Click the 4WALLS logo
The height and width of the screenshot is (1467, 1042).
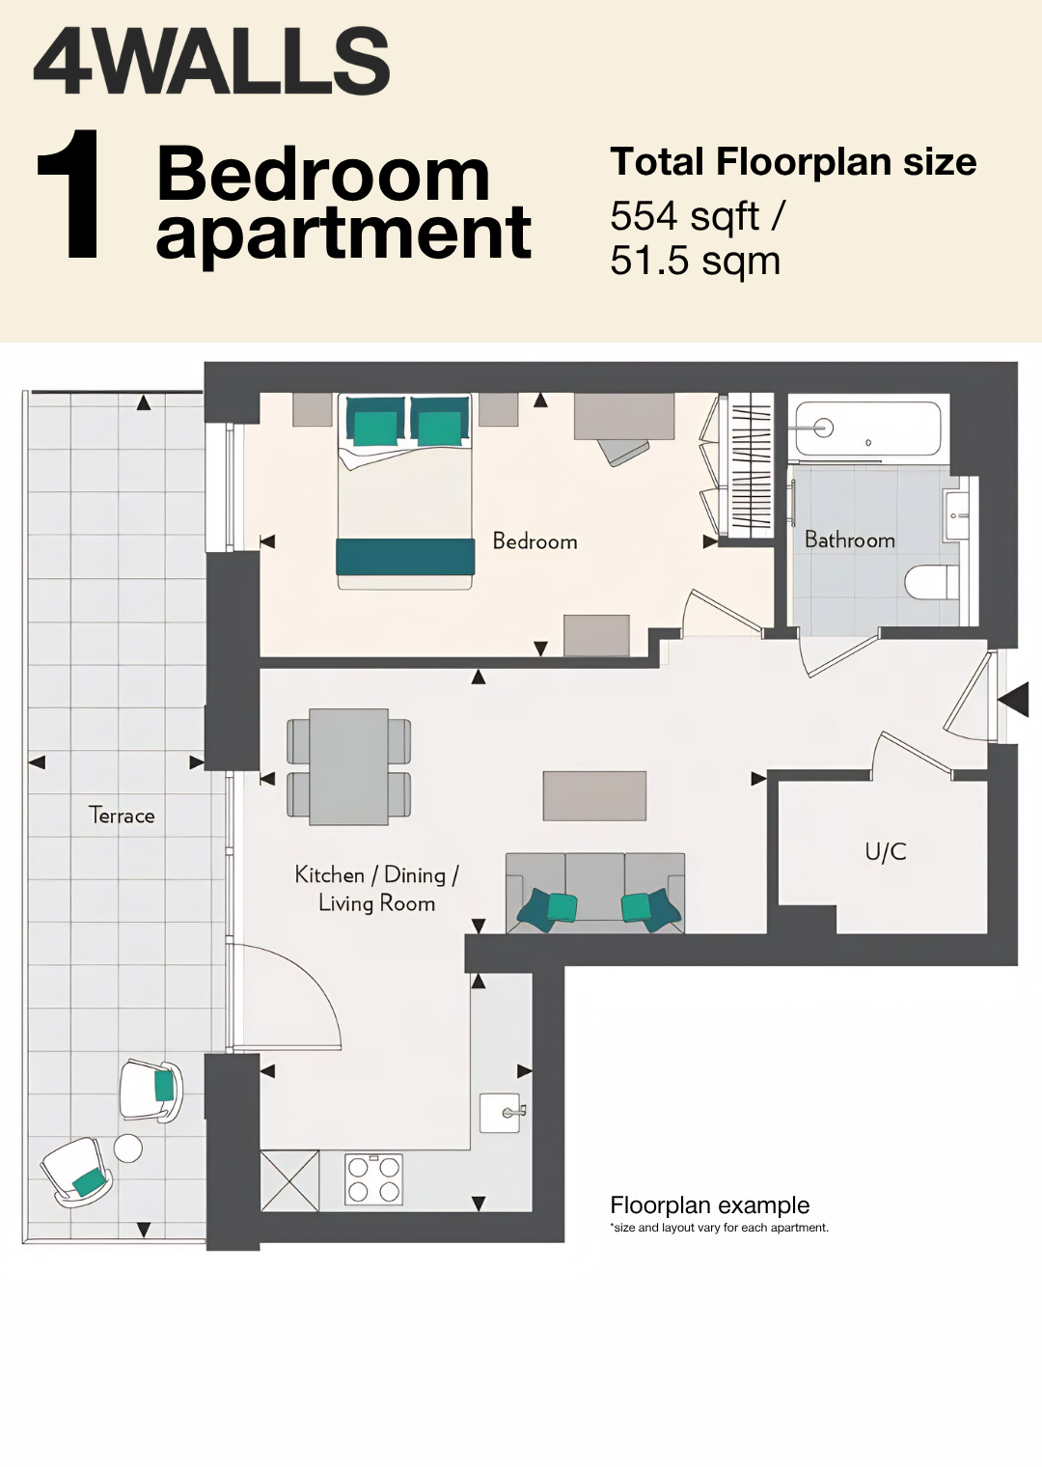(211, 61)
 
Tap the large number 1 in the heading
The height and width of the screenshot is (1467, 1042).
(70, 194)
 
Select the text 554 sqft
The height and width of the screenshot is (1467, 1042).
(685, 218)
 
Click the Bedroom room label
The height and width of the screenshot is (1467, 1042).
(535, 540)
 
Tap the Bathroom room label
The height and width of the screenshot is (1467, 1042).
(850, 540)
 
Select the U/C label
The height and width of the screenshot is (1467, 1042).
(886, 852)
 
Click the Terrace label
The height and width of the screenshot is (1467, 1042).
(122, 816)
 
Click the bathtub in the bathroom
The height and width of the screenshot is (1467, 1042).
(868, 429)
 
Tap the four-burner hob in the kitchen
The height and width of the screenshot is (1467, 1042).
(373, 1179)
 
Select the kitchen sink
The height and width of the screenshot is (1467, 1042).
(500, 1113)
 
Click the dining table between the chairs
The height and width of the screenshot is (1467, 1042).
(349, 767)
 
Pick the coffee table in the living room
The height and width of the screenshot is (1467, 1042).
(594, 795)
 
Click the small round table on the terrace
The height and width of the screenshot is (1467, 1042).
(127, 1149)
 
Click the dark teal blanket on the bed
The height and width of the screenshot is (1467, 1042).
(405, 557)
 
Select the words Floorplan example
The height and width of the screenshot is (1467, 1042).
(709, 1205)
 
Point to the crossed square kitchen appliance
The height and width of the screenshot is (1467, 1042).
(290, 1180)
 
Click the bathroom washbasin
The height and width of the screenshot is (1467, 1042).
(961, 514)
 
